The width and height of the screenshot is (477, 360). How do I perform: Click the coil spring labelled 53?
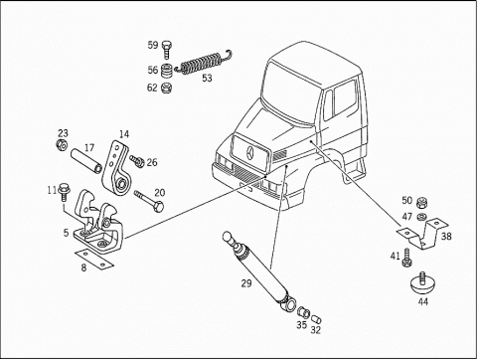pos(202,63)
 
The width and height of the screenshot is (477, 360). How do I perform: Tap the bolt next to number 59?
pos(167,50)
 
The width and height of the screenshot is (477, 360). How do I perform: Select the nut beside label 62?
pos(166,89)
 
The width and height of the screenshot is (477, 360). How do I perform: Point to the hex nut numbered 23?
pos(62,145)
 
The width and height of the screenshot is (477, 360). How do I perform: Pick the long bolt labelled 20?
pos(149,201)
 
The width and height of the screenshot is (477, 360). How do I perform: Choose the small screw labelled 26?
pos(137,161)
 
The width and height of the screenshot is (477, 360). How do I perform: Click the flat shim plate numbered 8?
pos(94,260)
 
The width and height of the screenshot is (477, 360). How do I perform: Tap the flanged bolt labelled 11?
pos(63,193)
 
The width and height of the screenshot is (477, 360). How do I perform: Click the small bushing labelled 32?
pos(316,319)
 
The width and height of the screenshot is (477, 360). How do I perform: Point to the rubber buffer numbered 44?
pos(422,283)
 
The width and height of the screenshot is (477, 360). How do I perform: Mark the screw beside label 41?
pos(406,258)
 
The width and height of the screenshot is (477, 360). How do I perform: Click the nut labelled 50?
pos(422,202)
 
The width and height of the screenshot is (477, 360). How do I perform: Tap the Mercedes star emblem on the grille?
pos(250,153)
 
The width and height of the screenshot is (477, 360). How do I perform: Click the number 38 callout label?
pos(446,237)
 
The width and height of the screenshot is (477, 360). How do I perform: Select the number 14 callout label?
pos(124,134)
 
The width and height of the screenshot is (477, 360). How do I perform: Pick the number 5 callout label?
pos(67,233)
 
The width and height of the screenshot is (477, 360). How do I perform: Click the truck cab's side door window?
pos(345,97)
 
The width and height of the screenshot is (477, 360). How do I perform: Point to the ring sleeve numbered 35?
pos(303,312)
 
